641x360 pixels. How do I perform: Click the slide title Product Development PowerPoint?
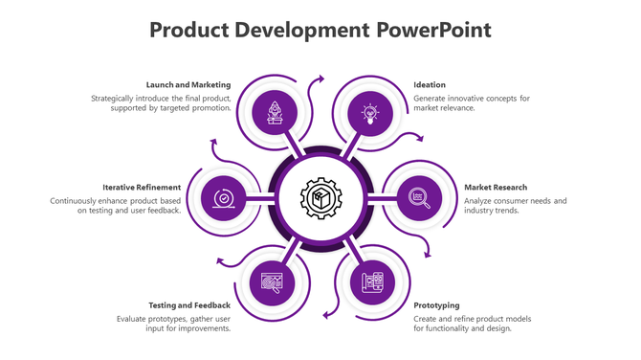click(x=320, y=31)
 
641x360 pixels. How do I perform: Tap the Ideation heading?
click(x=430, y=85)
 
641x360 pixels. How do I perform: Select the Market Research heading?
click(x=496, y=187)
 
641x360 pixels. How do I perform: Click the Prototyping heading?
click(x=436, y=305)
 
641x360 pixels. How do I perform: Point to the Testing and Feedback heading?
click(x=189, y=305)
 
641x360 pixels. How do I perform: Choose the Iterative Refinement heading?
click(x=143, y=187)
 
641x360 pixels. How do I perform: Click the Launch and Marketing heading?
click(x=188, y=85)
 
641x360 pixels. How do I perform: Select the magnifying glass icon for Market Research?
click(x=418, y=197)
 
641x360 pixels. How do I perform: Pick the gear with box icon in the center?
click(x=320, y=198)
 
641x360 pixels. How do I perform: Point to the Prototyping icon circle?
click(x=371, y=282)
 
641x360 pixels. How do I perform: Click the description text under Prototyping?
click(x=472, y=323)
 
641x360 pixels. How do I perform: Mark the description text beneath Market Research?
click(x=515, y=205)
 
